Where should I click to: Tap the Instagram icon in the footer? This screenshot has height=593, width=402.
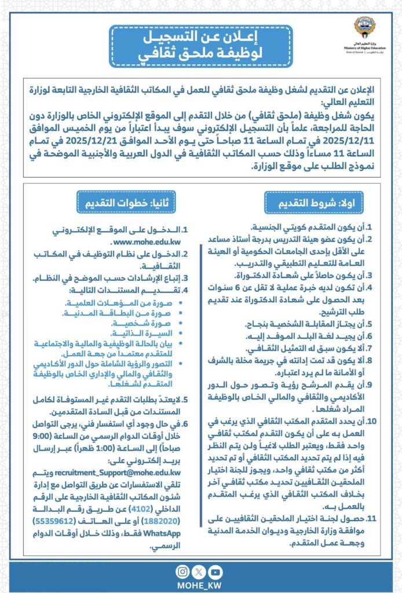click(182, 571)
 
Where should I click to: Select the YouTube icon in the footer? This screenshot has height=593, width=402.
click(215, 571)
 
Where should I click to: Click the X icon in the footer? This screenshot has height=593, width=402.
click(199, 571)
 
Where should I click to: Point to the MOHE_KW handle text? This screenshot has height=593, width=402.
click(199, 584)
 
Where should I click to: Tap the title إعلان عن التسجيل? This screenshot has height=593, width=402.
click(200, 39)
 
